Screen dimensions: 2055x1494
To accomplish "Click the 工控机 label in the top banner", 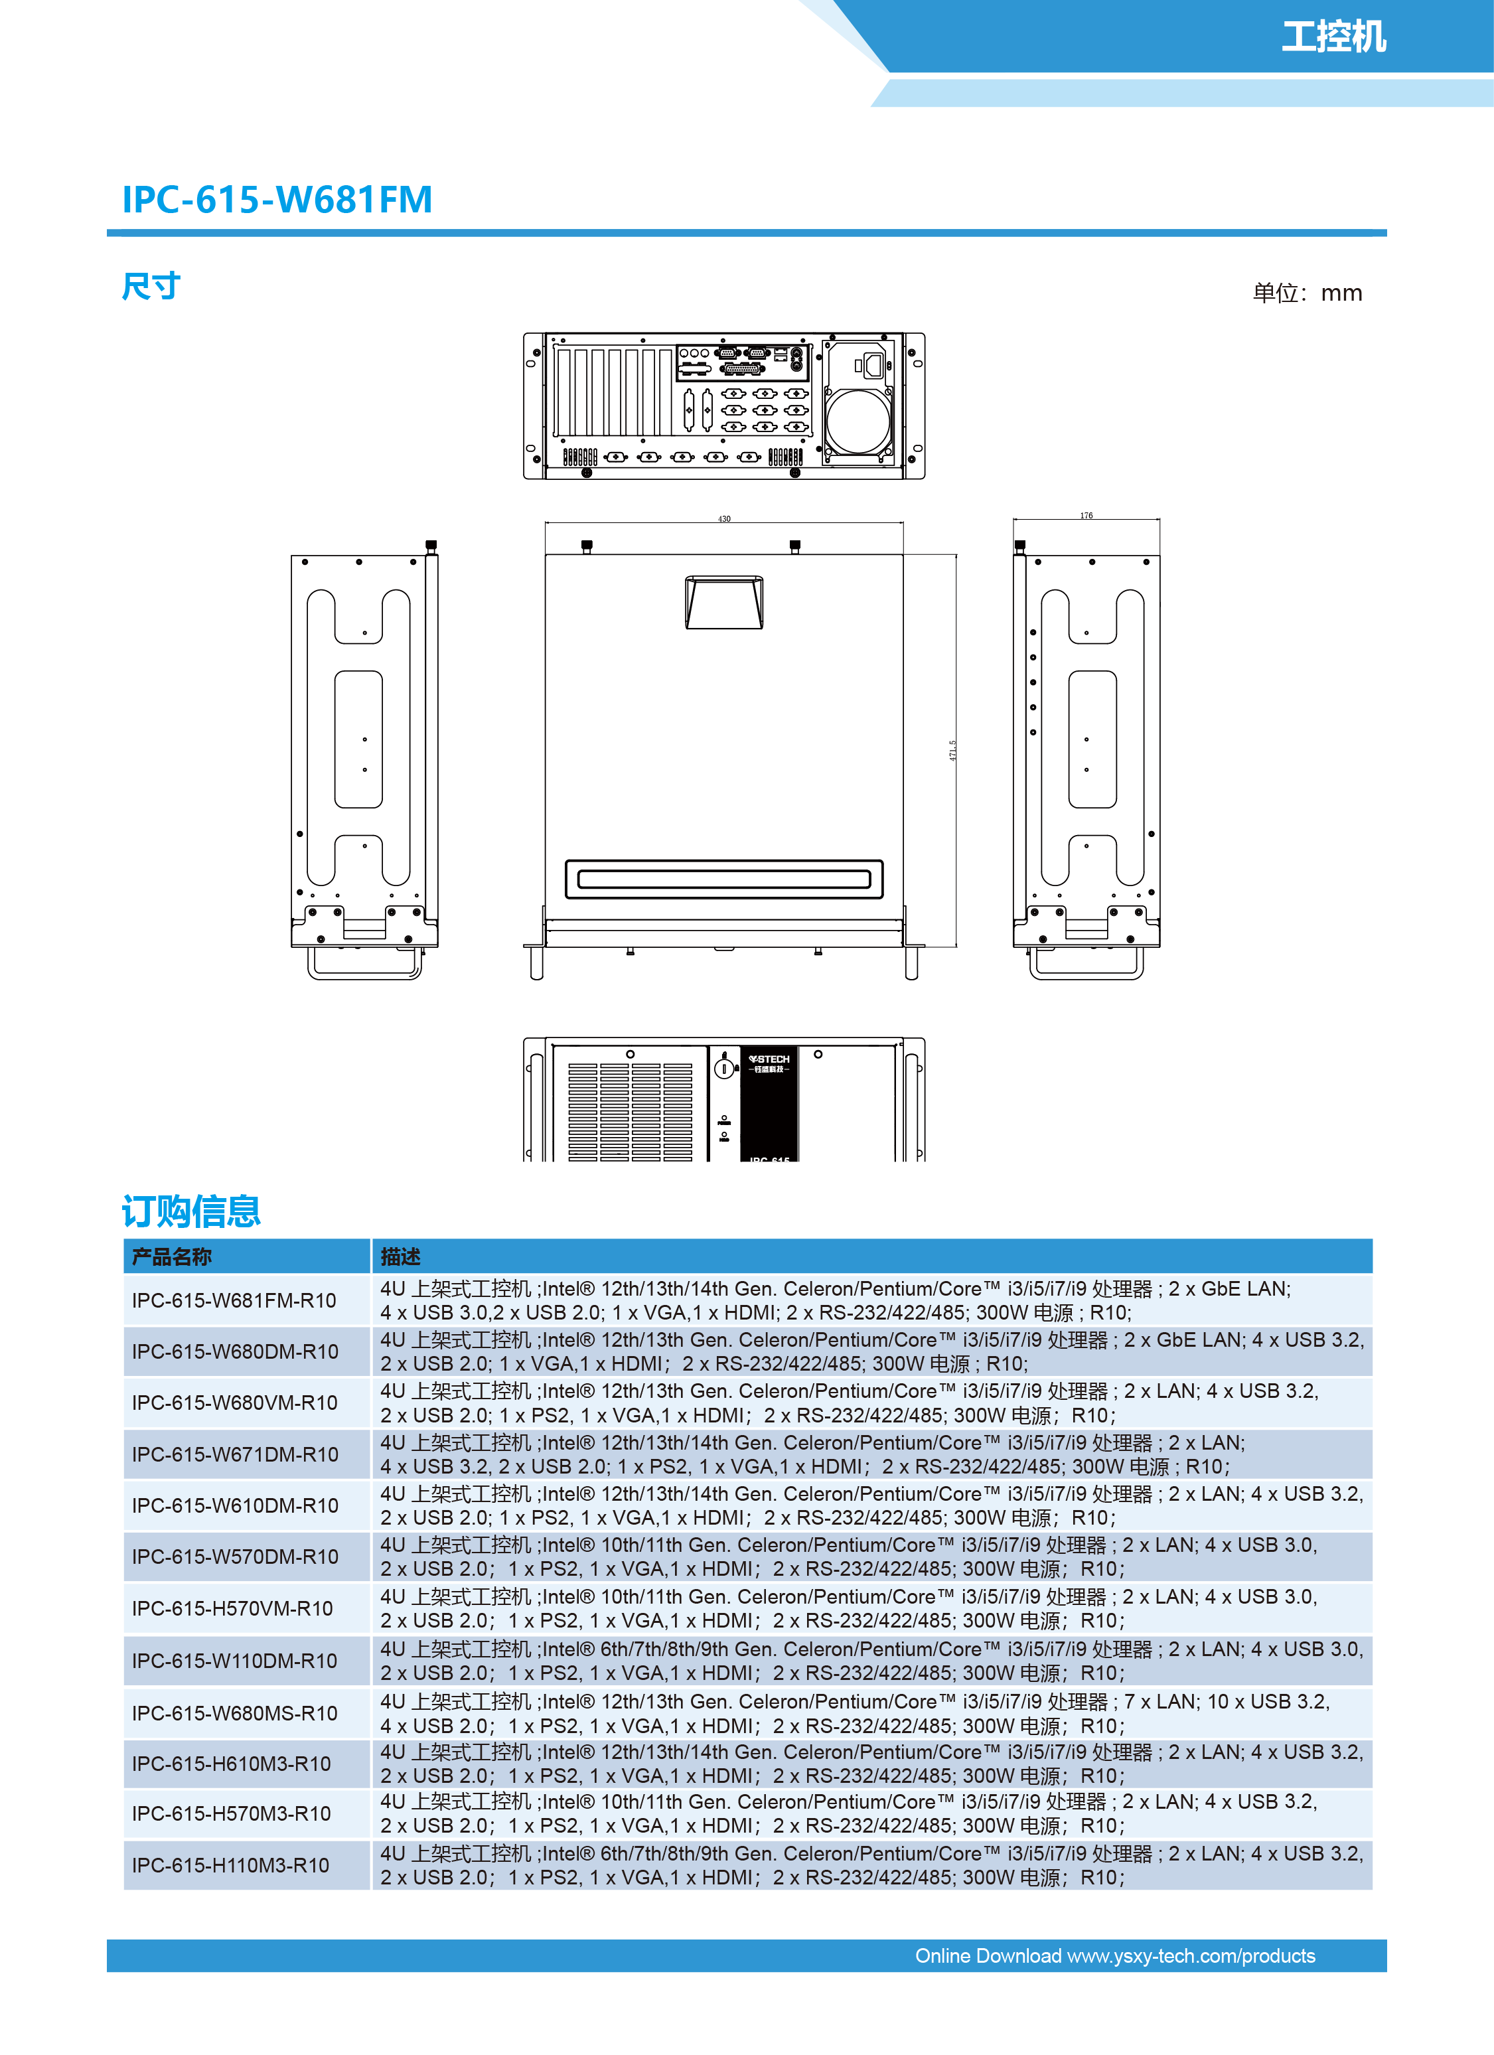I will point(1333,37).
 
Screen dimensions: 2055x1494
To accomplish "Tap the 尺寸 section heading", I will point(151,286).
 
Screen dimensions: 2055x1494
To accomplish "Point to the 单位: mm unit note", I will point(1306,293).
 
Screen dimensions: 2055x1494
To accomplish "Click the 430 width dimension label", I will point(724,519).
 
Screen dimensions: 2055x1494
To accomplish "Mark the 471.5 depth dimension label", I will point(952,750).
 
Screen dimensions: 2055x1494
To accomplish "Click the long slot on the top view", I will point(724,879).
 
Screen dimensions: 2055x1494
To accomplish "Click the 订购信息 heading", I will point(191,1211).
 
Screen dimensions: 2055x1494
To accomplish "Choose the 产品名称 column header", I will point(172,1256).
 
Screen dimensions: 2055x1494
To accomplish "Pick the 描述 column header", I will point(400,1256).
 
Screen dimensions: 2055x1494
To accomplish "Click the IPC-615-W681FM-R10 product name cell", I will point(234,1300).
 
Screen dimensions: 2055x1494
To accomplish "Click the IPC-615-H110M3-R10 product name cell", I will point(231,1866).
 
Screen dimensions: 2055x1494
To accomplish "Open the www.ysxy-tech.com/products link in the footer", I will point(1191,1956).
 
